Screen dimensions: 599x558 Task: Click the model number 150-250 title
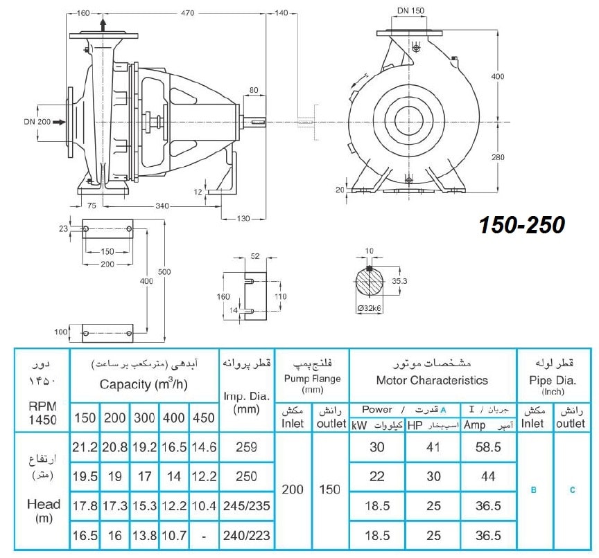[522, 225]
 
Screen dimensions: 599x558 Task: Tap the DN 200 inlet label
[37, 122]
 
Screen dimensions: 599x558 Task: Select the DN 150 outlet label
[410, 10]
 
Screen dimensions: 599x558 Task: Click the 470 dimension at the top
[187, 13]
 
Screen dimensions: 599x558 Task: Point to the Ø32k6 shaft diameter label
[369, 308]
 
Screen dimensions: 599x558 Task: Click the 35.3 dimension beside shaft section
[399, 281]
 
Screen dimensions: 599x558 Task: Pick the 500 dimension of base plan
[164, 272]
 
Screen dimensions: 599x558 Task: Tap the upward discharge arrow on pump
[103, 25]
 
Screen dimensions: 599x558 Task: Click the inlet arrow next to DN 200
[59, 122]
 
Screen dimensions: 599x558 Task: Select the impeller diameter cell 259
[246, 447]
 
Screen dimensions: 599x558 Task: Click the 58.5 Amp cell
[488, 447]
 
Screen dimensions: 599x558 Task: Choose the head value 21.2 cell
[85, 447]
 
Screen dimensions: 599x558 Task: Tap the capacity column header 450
[204, 417]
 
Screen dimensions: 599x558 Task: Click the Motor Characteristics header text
[432, 380]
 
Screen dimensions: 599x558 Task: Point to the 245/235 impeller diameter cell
[246, 506]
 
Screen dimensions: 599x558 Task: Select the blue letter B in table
[534, 490]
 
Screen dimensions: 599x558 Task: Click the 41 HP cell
[433, 447]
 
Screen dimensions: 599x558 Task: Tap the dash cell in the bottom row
[204, 536]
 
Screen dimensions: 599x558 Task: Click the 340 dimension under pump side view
[162, 206]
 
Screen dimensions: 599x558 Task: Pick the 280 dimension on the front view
[498, 156]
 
